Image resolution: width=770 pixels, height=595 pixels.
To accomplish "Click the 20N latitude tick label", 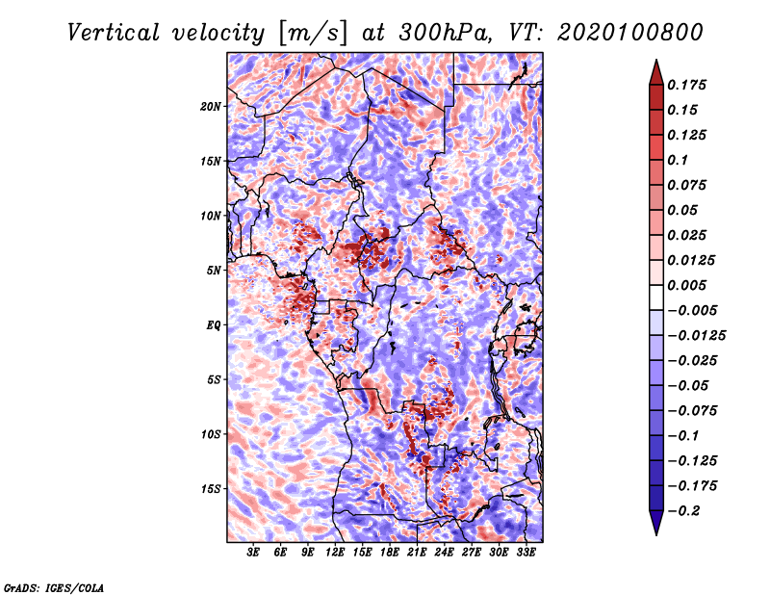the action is (210, 107).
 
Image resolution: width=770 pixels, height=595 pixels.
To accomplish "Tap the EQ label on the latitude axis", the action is (213, 325).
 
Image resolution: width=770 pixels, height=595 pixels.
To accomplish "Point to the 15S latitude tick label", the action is (210, 489).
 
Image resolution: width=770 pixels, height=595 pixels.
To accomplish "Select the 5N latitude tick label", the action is (213, 271).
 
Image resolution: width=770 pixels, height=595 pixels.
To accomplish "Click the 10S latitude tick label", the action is (210, 435).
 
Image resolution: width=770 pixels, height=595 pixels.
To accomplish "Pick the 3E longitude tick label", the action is (252, 553).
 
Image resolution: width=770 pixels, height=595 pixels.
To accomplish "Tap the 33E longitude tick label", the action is (526, 553).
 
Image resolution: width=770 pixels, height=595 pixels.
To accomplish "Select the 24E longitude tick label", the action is (444, 553).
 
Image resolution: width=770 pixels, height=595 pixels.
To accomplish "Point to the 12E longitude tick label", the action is (334, 553).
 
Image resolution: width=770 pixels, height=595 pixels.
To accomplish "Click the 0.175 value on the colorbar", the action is (686, 85).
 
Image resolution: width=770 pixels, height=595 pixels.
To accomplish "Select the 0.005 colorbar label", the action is (686, 285).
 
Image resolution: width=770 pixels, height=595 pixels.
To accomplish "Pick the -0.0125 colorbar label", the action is (697, 336).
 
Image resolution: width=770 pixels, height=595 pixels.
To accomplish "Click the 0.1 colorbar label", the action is (678, 160).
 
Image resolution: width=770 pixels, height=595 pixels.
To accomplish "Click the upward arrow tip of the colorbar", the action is (656, 60).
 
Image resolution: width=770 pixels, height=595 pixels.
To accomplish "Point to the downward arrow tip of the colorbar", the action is (656, 535).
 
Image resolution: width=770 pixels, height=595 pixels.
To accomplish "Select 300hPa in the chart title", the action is (444, 33).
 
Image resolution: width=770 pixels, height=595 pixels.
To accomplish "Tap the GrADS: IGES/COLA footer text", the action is (54, 588).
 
